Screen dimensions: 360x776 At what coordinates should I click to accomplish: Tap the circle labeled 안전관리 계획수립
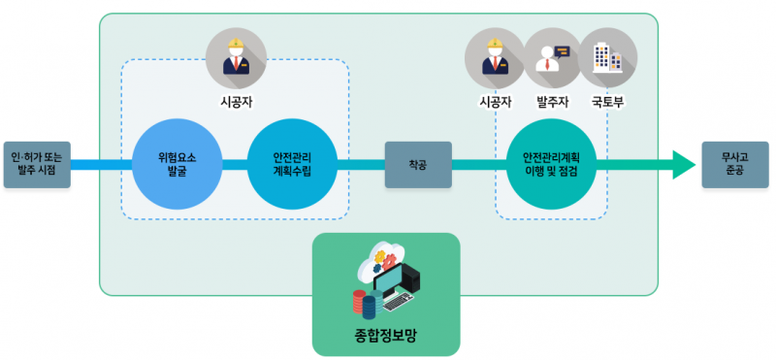point(292,164)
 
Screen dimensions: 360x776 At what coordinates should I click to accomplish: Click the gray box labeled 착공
point(418,164)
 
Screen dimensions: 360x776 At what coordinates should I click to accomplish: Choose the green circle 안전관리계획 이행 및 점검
point(551,164)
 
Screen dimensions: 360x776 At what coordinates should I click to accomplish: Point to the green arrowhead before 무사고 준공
point(683,164)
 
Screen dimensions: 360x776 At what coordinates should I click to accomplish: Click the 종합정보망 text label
point(385,339)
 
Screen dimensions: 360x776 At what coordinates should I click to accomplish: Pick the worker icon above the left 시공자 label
point(236,56)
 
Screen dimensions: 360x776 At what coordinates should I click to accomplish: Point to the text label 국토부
point(608,101)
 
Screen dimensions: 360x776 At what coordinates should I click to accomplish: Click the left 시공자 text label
point(236,101)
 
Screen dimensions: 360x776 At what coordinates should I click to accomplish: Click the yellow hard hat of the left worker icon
point(236,44)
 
